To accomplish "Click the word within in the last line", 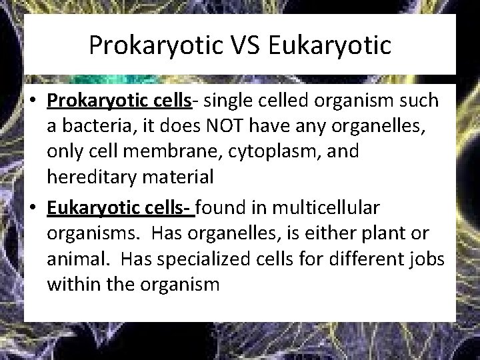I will click(x=68, y=285).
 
